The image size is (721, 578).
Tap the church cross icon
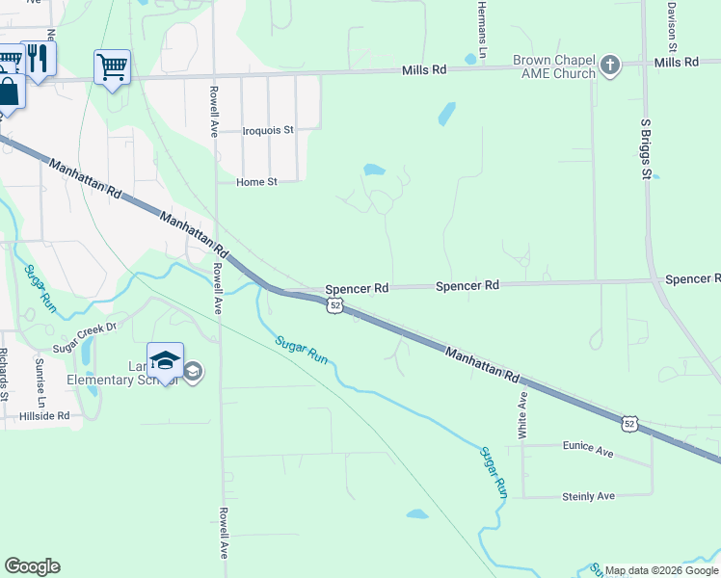click(608, 66)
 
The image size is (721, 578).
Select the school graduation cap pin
click(166, 360)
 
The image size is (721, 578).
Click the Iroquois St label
click(268, 129)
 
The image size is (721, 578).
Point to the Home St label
click(256, 181)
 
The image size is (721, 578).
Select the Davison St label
click(671, 19)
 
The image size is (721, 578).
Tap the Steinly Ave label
click(588, 496)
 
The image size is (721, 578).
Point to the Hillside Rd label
click(44, 416)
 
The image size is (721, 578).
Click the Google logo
click(32, 566)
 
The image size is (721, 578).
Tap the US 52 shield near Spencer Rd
click(334, 305)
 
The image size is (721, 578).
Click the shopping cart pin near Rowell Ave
click(112, 67)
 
